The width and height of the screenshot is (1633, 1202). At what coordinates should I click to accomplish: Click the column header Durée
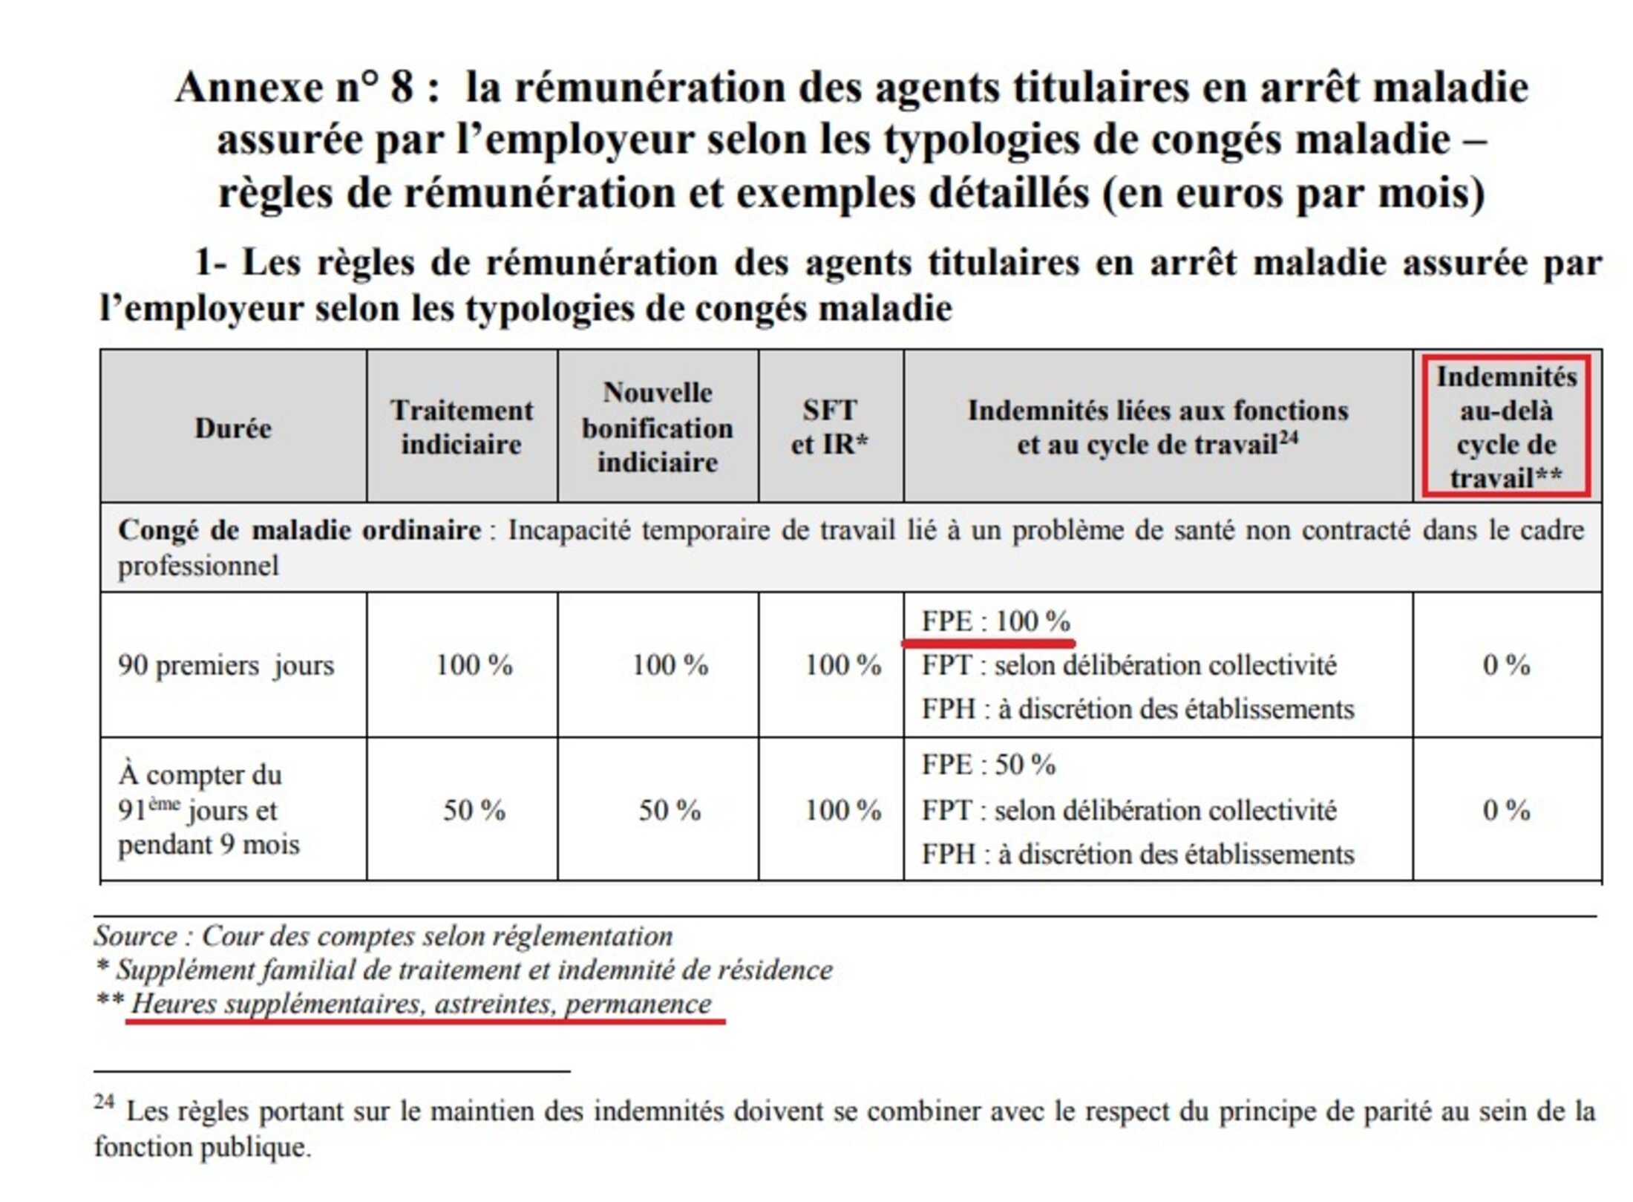pos(233,428)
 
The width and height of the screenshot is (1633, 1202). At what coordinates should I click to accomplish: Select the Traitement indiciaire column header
pos(461,428)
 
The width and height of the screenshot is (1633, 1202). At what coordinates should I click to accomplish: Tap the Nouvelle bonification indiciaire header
pos(658,428)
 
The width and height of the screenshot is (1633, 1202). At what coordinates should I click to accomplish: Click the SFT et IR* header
pos(830,428)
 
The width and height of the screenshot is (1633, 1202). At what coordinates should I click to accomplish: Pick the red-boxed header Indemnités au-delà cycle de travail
pos(1506,428)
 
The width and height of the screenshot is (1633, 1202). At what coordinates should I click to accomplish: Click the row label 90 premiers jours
pos(226,665)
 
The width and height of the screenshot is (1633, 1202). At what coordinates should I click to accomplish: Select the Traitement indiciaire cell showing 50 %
pos(474,810)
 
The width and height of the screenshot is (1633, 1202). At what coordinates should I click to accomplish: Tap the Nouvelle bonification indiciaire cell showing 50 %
pos(670,810)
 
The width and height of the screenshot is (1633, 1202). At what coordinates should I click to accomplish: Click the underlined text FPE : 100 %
pos(995,621)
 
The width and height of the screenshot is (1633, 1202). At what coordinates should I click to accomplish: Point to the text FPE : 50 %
pos(988,765)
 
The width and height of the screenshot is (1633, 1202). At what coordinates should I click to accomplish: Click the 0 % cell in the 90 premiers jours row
pos(1506,665)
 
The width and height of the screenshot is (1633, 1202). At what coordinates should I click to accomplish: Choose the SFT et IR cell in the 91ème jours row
pos(843,810)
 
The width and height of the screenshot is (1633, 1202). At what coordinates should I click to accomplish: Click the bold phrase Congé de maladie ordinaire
pos(299,531)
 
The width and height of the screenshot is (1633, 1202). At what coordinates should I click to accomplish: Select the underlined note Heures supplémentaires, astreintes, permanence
pos(421,1005)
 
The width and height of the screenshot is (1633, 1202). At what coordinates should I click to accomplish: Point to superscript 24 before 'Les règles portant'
pos(104,1102)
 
